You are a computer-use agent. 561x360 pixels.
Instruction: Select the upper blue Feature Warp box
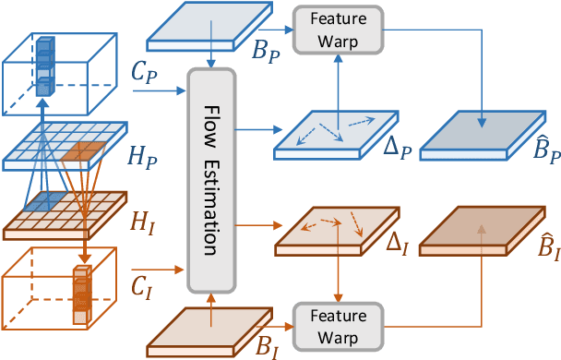337,28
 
